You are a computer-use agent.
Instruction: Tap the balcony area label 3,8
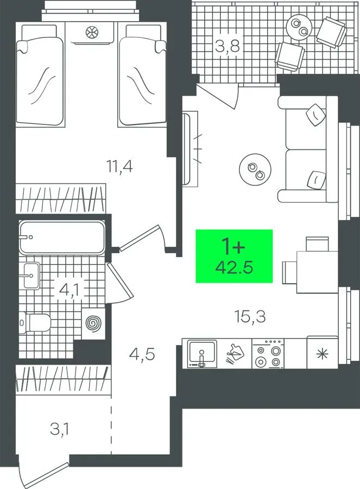[228, 47]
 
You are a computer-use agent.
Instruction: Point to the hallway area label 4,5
[142, 355]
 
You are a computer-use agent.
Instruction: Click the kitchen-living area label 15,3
[250, 316]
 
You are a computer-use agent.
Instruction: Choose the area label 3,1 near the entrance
[60, 429]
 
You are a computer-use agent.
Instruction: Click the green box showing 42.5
[234, 256]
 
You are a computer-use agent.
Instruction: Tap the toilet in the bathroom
[35, 323]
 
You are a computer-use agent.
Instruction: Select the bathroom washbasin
[31, 275]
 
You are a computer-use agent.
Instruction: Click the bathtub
[61, 237]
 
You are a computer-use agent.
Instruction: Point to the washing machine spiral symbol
[93, 323]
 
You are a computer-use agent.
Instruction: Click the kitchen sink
[202, 353]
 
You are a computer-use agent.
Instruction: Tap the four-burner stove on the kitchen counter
[268, 354]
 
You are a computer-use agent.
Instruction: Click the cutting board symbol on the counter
[235, 354]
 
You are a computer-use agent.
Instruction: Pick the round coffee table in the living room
[255, 170]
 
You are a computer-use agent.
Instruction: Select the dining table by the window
[317, 272]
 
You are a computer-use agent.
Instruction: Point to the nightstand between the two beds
[92, 33]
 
